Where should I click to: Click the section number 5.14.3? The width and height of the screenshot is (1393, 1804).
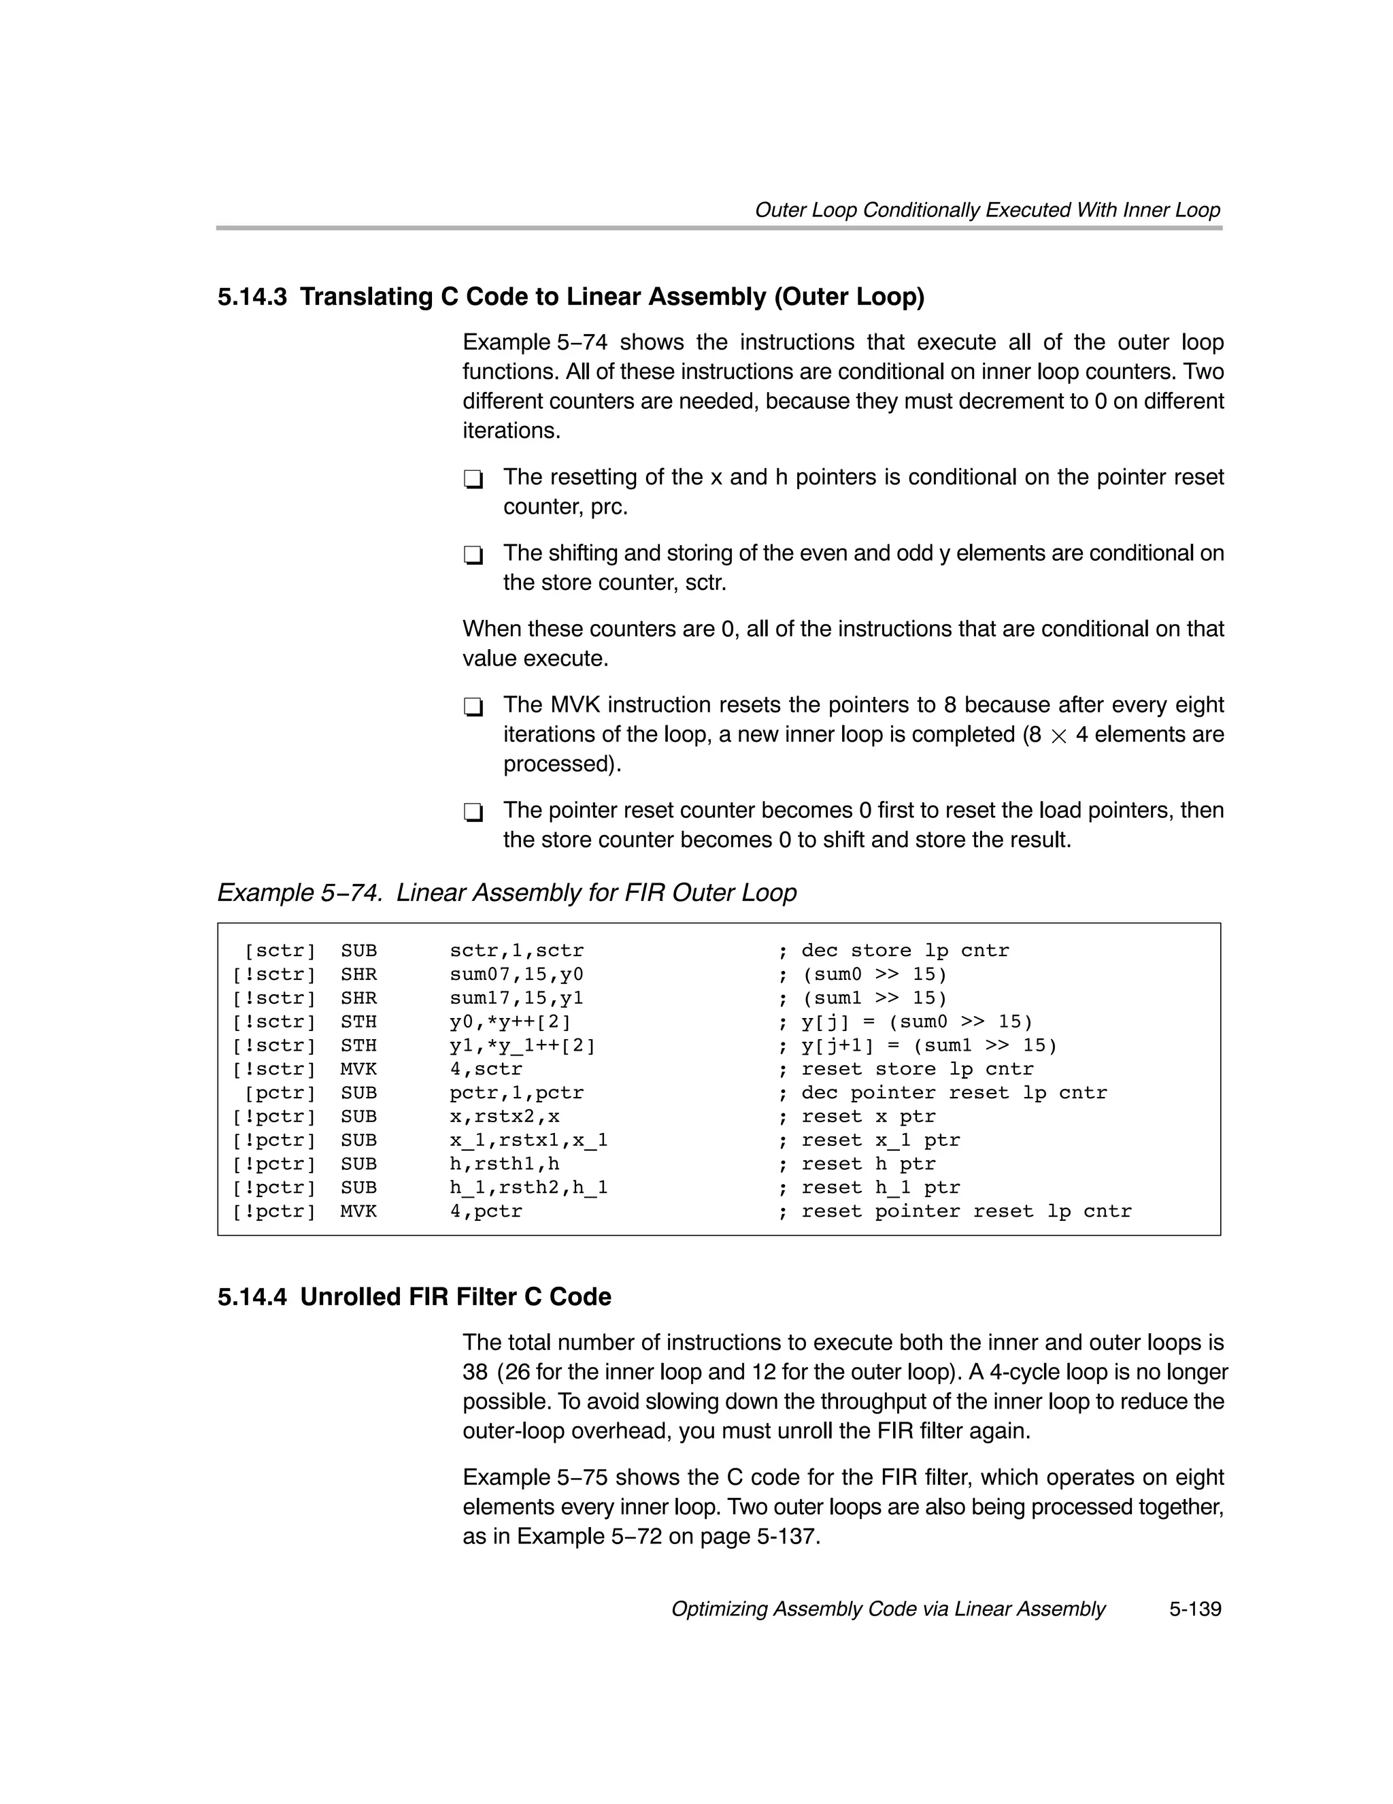tap(252, 297)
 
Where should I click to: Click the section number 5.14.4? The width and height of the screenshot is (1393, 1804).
tap(252, 1297)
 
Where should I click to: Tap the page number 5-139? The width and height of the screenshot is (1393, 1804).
tap(1194, 1609)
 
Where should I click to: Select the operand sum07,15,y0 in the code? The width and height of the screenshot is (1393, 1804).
tap(516, 974)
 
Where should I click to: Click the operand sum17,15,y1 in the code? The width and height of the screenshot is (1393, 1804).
tap(516, 998)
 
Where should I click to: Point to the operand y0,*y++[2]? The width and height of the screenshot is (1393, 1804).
tap(510, 1022)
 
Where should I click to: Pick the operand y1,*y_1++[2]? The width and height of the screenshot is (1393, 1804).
tap(522, 1046)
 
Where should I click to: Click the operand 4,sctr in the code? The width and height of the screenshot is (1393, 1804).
tap(486, 1069)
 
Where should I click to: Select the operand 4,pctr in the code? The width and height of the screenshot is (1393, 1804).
tap(486, 1212)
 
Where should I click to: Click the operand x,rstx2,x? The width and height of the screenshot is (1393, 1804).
tap(504, 1117)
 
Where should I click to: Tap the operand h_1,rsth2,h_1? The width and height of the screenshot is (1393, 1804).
tap(528, 1187)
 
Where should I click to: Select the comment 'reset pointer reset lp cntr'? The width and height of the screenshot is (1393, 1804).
tap(965, 1212)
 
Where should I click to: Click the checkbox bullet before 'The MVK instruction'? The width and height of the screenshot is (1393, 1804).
tap(473, 707)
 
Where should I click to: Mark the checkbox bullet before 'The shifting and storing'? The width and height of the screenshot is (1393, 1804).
tap(473, 555)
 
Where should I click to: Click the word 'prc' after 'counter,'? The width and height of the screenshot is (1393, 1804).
tap(607, 507)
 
